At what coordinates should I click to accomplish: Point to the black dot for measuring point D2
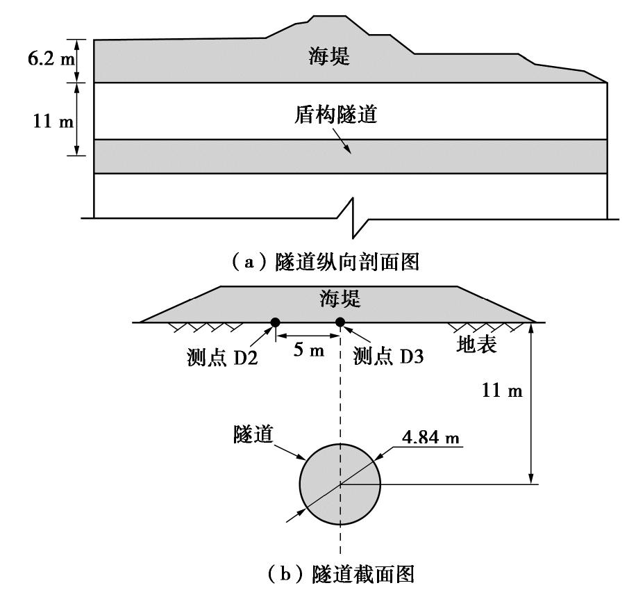tap(276, 322)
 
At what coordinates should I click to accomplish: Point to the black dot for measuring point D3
tap(340, 322)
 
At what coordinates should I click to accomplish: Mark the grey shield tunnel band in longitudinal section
tap(208, 156)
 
